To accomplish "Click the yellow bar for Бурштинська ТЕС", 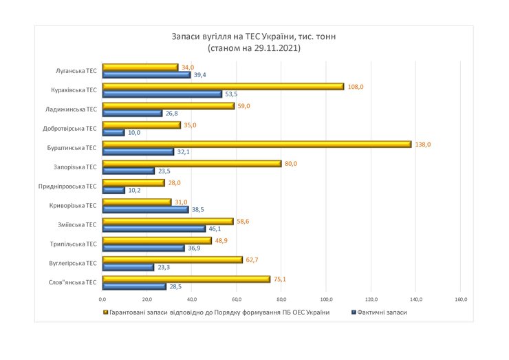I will [x=257, y=145].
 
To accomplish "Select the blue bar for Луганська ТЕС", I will [x=147, y=75].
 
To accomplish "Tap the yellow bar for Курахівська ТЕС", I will [x=223, y=87].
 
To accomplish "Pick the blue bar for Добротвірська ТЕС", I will [x=113, y=132].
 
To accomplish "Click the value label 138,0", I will [x=422, y=145].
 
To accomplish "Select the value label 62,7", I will [x=253, y=260].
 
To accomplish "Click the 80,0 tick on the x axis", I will [x=281, y=299].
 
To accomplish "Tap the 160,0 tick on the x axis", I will [x=462, y=299].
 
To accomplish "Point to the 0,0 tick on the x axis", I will [x=102, y=299].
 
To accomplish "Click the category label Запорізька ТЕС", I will [x=76, y=167].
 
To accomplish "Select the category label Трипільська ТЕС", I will [x=76, y=244].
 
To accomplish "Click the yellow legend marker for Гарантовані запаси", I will [x=105, y=313].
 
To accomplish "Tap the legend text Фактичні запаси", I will [x=382, y=313].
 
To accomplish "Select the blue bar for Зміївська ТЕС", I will [x=153, y=229].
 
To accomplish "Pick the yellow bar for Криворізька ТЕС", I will [x=136, y=202].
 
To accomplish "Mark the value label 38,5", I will [x=198, y=209].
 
